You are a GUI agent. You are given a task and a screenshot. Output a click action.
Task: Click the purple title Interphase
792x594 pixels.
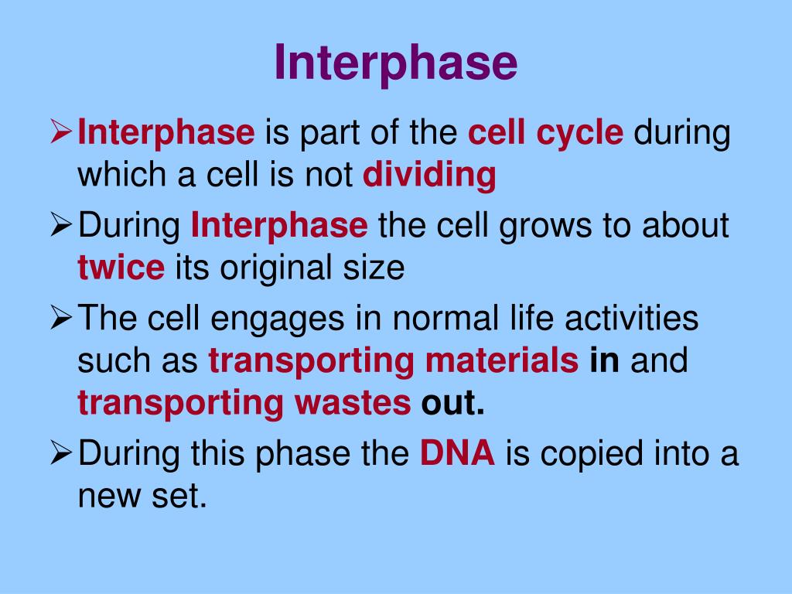coord(397,63)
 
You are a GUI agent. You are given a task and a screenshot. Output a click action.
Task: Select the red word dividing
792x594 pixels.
coord(429,175)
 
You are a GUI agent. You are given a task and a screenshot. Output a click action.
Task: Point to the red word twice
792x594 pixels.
coord(121,267)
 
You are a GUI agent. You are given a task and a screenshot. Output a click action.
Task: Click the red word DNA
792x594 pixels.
coord(457,452)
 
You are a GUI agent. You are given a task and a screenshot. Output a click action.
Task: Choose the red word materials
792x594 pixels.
coord(502,360)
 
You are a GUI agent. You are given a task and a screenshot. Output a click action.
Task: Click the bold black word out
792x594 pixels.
coord(452,403)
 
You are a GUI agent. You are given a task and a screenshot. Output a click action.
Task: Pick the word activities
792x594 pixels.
coord(631,318)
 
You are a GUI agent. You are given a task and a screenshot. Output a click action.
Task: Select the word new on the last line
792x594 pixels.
coord(109,497)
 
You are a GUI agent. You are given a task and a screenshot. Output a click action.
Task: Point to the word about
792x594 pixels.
coord(685,225)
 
